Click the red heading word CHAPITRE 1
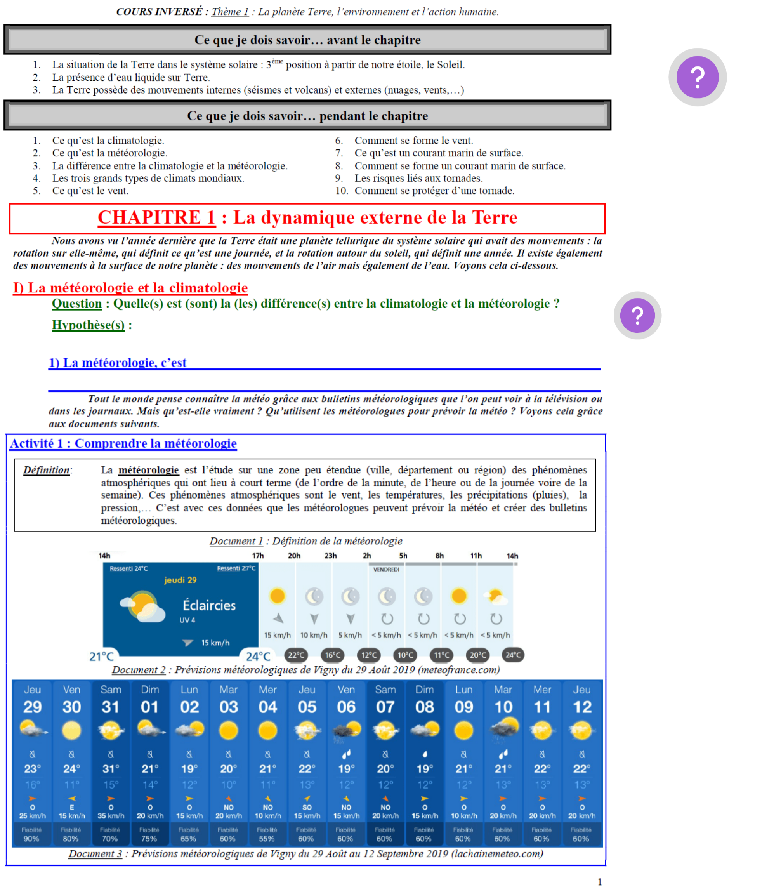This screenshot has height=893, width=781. click(x=156, y=217)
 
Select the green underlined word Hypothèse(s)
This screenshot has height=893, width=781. click(x=88, y=325)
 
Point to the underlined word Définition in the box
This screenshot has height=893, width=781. click(x=46, y=470)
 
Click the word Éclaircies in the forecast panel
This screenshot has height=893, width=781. click(x=209, y=605)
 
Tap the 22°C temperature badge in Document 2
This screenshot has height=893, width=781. click(x=296, y=655)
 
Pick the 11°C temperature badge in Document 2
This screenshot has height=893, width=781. click(x=441, y=655)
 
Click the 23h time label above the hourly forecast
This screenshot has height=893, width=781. click(x=330, y=556)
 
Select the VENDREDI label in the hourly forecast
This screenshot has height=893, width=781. click(x=386, y=569)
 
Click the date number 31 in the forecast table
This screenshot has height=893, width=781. click(x=110, y=707)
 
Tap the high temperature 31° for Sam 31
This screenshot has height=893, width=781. click(x=110, y=769)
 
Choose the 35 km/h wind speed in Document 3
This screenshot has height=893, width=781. click(x=111, y=815)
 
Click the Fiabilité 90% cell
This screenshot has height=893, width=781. click(x=31, y=834)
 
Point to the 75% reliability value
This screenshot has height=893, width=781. click(x=149, y=839)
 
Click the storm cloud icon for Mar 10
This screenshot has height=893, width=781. click(x=503, y=729)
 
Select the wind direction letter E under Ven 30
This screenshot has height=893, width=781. click(x=71, y=807)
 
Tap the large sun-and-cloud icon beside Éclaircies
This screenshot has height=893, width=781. click(x=142, y=606)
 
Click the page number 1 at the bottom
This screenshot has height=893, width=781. click(x=599, y=882)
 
